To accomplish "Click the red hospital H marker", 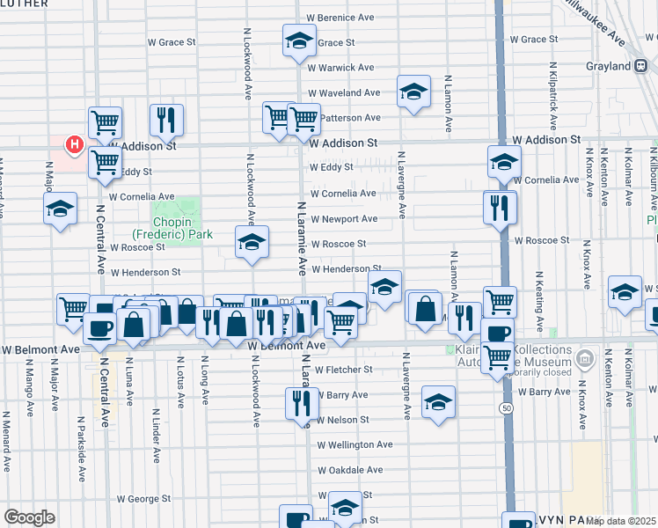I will (75, 143).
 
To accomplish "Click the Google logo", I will (29, 517).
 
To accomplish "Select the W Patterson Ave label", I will (349, 117).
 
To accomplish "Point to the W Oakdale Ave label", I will (350, 471).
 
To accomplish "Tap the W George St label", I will (142, 499).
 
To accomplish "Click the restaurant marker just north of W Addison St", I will (164, 120).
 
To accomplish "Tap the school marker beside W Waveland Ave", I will (413, 91).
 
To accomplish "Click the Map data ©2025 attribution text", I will (621, 521).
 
